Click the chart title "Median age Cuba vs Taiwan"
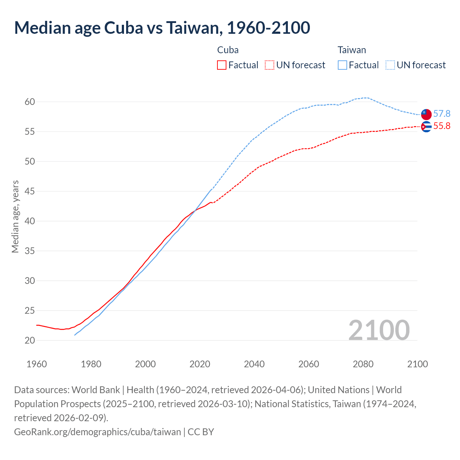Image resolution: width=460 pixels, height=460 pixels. pyautogui.click(x=162, y=28)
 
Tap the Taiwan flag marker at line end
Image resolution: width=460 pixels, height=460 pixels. pyautogui.click(x=426, y=114)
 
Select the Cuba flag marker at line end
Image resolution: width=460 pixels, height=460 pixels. pyautogui.click(x=426, y=126)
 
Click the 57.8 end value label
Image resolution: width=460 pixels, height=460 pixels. pyautogui.click(x=442, y=114)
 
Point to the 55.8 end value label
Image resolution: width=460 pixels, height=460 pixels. pyautogui.click(x=442, y=126)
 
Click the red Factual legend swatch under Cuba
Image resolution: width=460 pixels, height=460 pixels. pyautogui.click(x=222, y=65)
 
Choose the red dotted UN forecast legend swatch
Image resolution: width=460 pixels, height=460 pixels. pyautogui.click(x=269, y=65)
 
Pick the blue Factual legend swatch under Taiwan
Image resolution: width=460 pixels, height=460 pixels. pyautogui.click(x=342, y=65)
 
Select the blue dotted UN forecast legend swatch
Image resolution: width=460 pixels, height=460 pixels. pyautogui.click(x=390, y=65)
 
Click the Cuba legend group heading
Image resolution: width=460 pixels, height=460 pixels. pyautogui.click(x=228, y=50)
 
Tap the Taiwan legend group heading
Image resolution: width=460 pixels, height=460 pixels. pyautogui.click(x=351, y=50)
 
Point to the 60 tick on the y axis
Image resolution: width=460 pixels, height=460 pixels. pyautogui.click(x=30, y=102)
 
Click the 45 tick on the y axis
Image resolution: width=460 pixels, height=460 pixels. pyautogui.click(x=30, y=192)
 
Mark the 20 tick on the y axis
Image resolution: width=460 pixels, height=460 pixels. pyautogui.click(x=30, y=340)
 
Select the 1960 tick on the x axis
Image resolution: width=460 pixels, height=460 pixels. pyautogui.click(x=37, y=364)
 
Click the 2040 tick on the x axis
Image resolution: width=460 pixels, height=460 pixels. pyautogui.click(x=254, y=364)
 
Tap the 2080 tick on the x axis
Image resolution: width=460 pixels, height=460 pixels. pyautogui.click(x=363, y=364)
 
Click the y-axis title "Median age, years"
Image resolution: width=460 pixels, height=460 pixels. pyautogui.click(x=15, y=217)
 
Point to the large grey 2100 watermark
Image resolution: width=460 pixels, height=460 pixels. pyautogui.click(x=379, y=330)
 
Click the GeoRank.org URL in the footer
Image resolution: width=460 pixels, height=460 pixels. pyautogui.click(x=97, y=432)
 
